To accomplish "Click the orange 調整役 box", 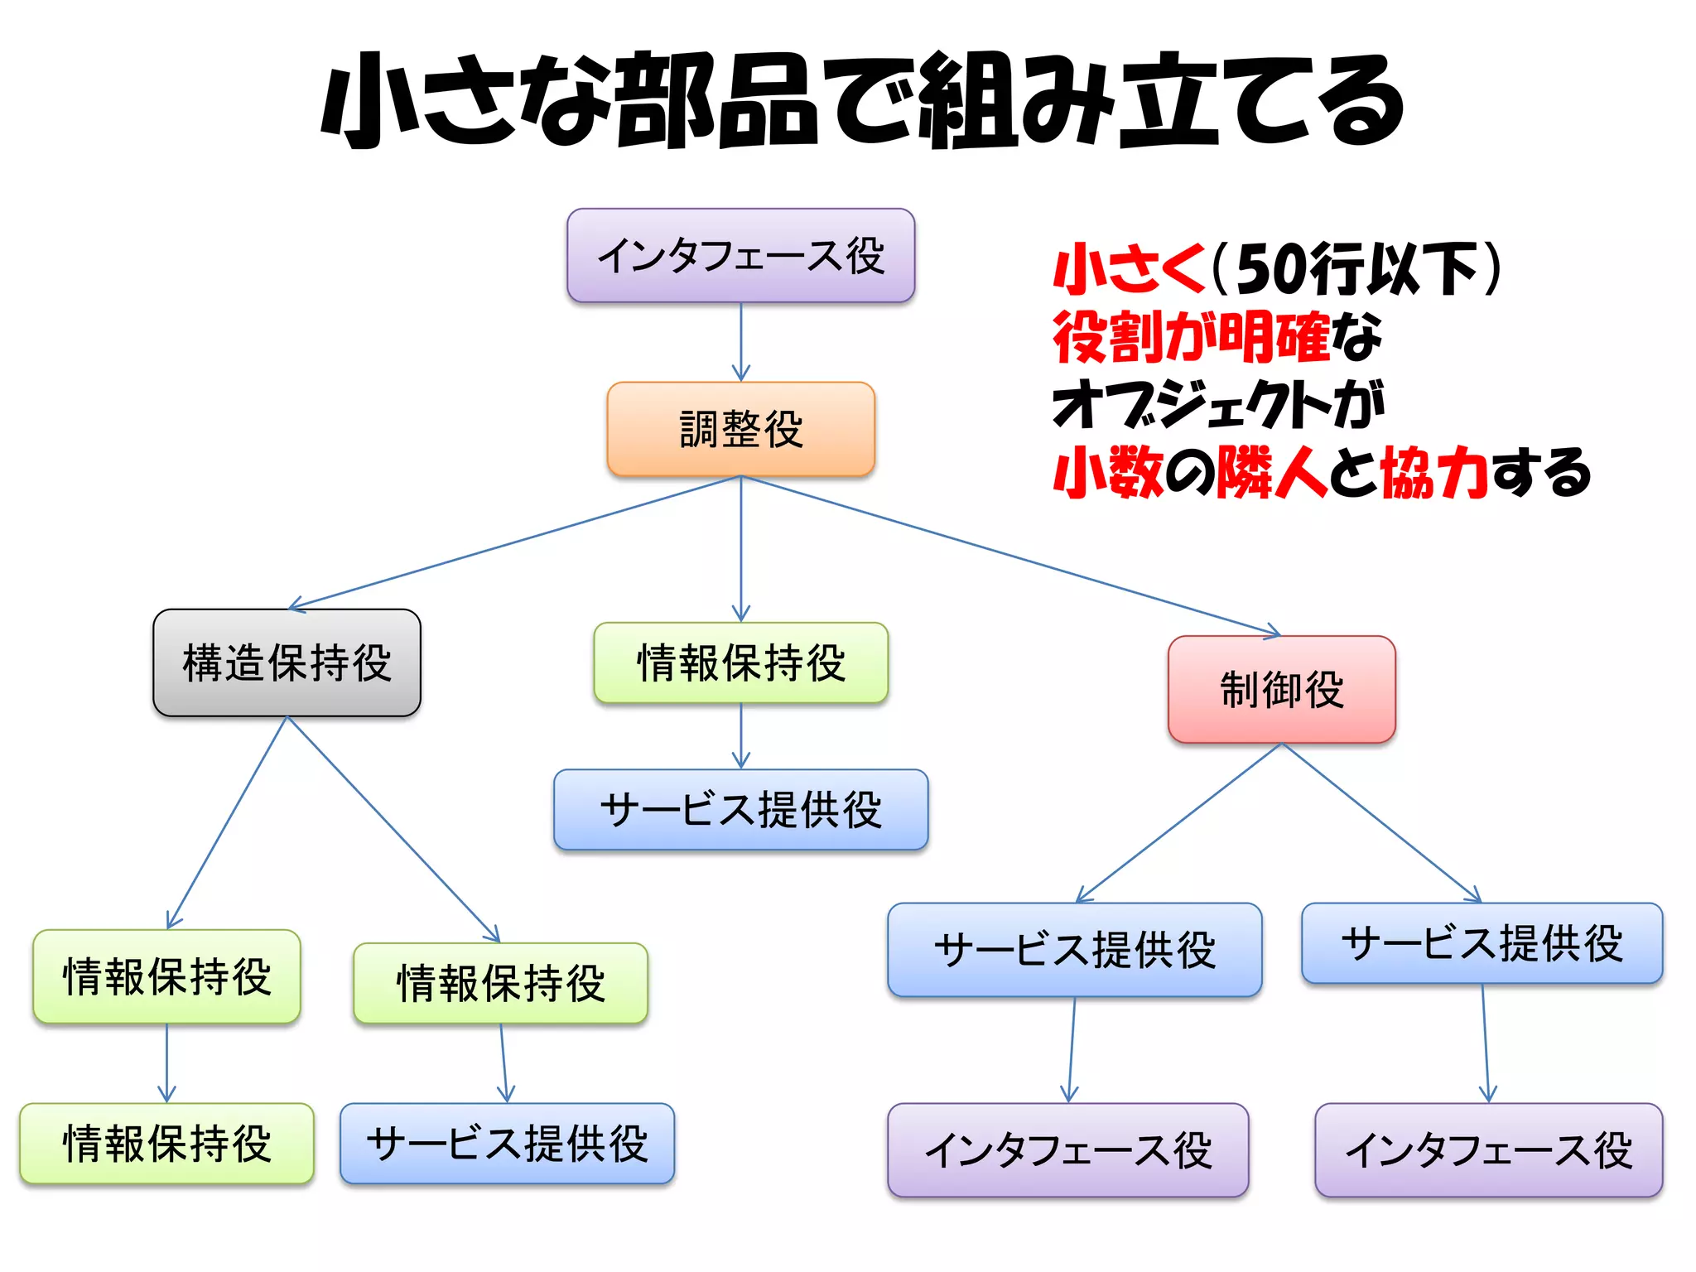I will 740,429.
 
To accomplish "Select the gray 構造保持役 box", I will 287,662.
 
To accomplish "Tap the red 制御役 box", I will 1281,689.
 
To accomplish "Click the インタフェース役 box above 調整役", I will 740,255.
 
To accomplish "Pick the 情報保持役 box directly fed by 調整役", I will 740,662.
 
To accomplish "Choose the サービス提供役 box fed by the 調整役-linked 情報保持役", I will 740,809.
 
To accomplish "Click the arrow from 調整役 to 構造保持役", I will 513,543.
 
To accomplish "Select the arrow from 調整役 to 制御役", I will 1010,556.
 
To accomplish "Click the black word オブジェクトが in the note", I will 1217,405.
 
